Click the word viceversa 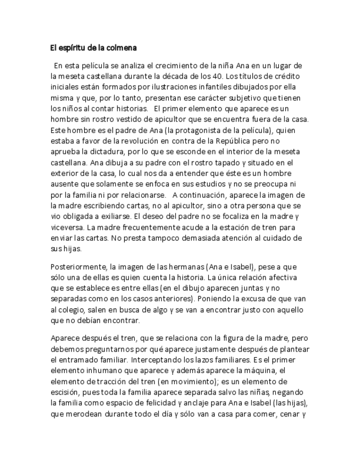click(x=67, y=227)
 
